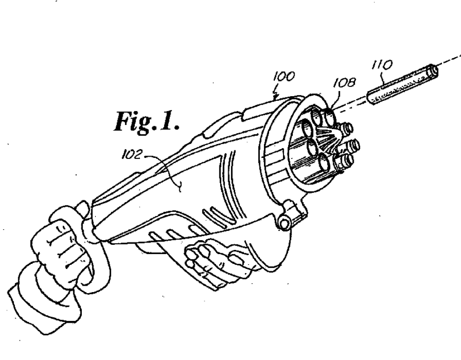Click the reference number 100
point(284,77)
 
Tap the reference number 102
point(132,154)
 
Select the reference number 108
point(344,83)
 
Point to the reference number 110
point(383,65)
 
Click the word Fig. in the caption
point(135,122)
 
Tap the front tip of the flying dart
point(435,70)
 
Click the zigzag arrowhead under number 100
point(275,94)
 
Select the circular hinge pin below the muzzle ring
point(284,223)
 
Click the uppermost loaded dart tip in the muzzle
point(347,128)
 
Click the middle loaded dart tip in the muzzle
point(353,145)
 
